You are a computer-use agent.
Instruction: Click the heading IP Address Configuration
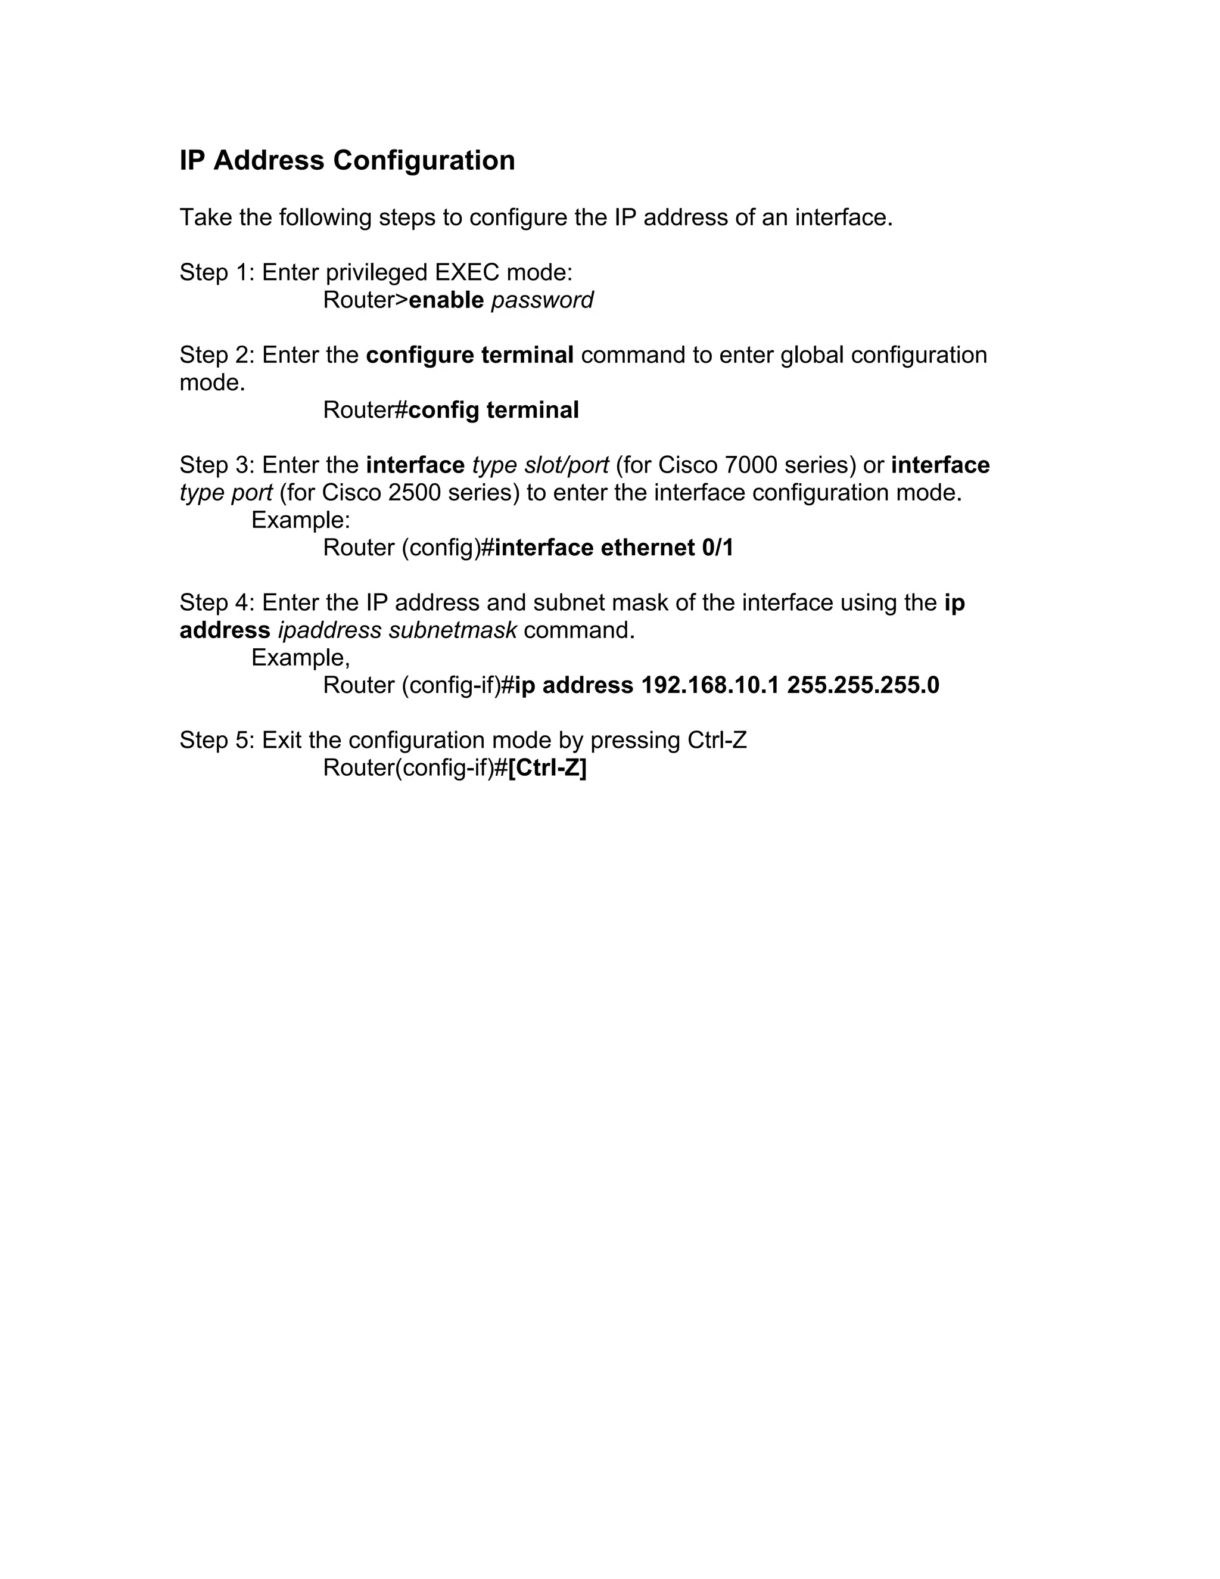[347, 160]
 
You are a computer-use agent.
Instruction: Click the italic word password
[542, 300]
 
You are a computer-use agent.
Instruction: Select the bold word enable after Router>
[446, 300]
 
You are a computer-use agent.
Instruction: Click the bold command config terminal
[494, 410]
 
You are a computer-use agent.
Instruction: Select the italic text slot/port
[566, 465]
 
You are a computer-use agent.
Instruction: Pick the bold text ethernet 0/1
[667, 548]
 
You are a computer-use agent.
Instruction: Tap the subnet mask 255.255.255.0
[863, 685]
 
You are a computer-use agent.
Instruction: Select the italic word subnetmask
[453, 630]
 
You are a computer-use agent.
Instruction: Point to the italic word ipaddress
[329, 630]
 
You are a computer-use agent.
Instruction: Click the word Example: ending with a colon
[301, 520]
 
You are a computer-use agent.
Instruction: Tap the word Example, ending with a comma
[301, 657]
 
